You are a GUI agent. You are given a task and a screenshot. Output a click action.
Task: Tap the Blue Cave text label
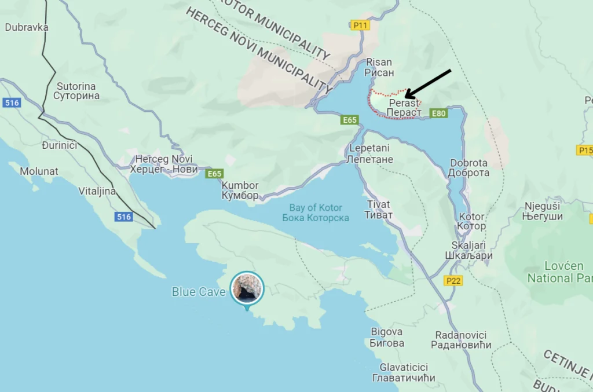pyautogui.click(x=199, y=292)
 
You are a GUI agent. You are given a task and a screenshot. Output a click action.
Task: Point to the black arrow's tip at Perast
pyautogui.click(x=405, y=97)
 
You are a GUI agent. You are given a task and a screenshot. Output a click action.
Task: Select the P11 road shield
pyautogui.click(x=360, y=25)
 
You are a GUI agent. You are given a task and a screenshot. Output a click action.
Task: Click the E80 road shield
pyautogui.click(x=439, y=113)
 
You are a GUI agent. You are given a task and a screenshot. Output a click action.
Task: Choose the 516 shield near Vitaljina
pyautogui.click(x=123, y=217)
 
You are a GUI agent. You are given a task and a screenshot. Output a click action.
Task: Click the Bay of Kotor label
pyautogui.click(x=316, y=213)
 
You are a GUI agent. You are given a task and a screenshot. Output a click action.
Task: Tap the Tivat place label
pyautogui.click(x=379, y=210)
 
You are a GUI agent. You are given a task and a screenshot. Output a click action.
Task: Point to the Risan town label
pyautogui.click(x=379, y=67)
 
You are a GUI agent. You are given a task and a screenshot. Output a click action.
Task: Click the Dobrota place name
pyautogui.click(x=468, y=168)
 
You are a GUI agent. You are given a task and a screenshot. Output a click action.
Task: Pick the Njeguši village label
pyautogui.click(x=543, y=211)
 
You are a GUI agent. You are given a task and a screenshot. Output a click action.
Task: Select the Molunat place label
pyautogui.click(x=39, y=171)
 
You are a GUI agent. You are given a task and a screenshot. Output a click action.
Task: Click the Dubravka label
pyautogui.click(x=27, y=27)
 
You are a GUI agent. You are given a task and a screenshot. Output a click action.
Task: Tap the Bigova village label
pyautogui.click(x=387, y=337)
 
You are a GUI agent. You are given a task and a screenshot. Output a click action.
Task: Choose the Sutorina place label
pyautogui.click(x=76, y=91)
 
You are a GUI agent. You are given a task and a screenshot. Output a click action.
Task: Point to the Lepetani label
pyautogui.click(x=371, y=153)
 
